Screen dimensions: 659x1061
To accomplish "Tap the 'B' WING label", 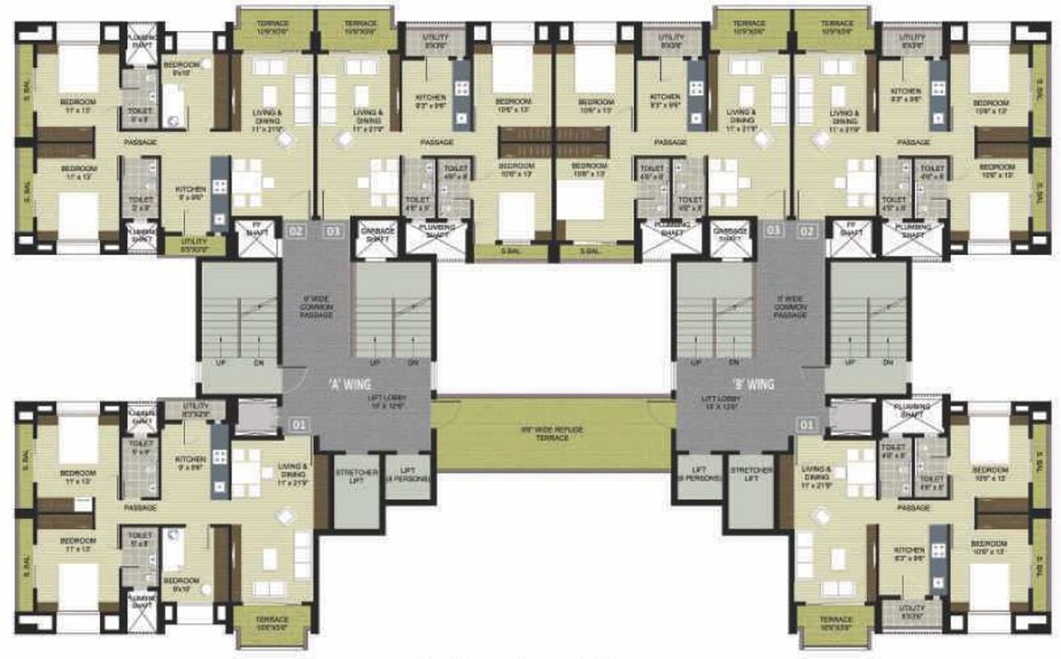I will click(753, 385).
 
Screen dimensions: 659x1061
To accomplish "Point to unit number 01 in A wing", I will click(297, 423).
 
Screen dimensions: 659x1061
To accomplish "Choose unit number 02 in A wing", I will click(296, 230).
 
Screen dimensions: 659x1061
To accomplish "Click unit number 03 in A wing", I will click(332, 230).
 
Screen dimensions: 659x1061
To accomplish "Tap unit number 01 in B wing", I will click(807, 423).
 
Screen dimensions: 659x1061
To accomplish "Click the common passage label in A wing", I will click(317, 307).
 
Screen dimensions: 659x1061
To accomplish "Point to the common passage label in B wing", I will click(790, 307).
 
